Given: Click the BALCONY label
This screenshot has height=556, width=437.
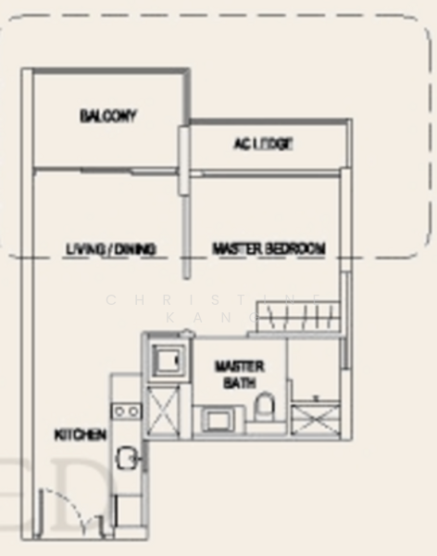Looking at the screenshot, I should [107, 116].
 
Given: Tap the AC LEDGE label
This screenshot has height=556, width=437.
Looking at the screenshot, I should [263, 144].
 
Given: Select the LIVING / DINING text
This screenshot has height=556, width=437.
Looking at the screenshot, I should [110, 249].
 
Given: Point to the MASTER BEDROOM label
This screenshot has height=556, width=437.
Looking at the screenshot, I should [268, 249].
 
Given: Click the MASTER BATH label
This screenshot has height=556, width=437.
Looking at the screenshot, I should [239, 373].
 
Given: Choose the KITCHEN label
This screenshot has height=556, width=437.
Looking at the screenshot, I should [81, 435].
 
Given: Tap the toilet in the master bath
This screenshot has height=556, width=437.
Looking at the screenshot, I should [265, 409].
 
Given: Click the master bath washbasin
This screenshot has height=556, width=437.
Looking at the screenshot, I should [221, 420].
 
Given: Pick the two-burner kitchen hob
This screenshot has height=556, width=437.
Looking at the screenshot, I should [127, 410].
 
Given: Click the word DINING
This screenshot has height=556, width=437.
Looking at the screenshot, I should [136, 249].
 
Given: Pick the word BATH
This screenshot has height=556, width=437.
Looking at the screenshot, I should [239, 381].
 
